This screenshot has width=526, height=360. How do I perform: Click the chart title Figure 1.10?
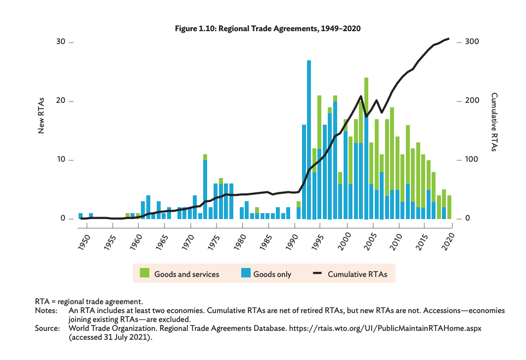(268, 29)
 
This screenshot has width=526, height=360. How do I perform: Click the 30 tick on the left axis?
(61, 42)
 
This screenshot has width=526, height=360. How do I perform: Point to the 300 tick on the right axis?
(473, 42)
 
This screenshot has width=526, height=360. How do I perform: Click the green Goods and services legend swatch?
(144, 273)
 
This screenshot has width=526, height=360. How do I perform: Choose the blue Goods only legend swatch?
(246, 273)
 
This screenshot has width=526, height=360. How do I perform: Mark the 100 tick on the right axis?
(473, 160)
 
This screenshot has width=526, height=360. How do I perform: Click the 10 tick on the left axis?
(61, 160)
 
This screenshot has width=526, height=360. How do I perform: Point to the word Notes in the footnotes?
(45, 311)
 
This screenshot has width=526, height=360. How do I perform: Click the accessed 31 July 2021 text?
(110, 337)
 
